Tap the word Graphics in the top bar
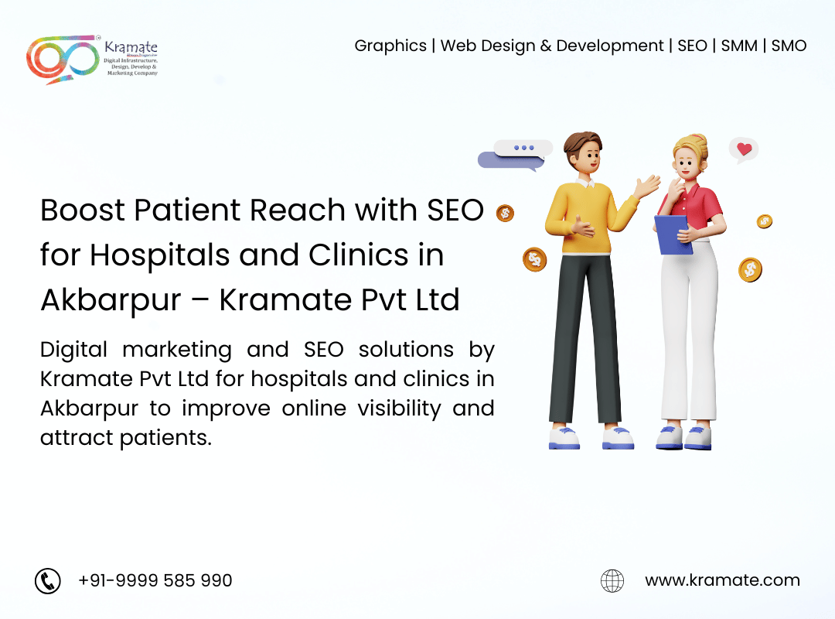coord(390,46)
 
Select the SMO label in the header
coord(789,46)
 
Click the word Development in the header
coord(610,46)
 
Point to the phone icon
coord(48,580)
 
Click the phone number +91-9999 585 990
coord(155,580)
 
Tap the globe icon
coord(612,580)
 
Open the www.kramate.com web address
coord(722,580)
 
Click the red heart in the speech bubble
coord(744,149)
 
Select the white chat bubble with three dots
coord(523,148)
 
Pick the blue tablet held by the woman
coord(673,234)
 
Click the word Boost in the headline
coord(83,210)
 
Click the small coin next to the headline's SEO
coord(505,214)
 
